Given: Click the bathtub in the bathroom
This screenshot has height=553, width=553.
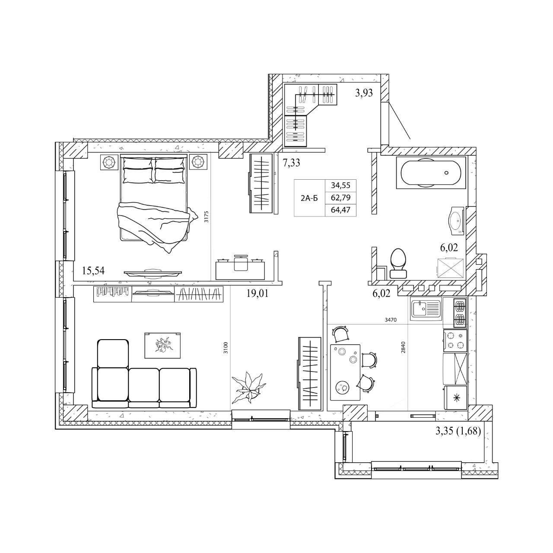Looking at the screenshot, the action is pyautogui.click(x=431, y=172).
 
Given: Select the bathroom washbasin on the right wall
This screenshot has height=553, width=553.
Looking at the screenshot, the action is pyautogui.click(x=455, y=220).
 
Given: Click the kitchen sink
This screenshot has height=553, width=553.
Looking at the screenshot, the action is pyautogui.click(x=426, y=310).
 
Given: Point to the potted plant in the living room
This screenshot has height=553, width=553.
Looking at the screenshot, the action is pyautogui.click(x=248, y=387).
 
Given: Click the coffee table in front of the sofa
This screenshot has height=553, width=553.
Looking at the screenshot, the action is pyautogui.click(x=162, y=345).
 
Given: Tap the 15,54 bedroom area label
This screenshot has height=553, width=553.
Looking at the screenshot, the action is pyautogui.click(x=93, y=270).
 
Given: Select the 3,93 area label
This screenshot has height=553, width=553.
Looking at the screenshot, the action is pyautogui.click(x=364, y=93).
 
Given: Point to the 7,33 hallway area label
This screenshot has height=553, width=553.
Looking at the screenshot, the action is pyautogui.click(x=291, y=163).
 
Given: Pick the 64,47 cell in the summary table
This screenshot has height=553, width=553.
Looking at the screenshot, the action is pyautogui.click(x=340, y=210).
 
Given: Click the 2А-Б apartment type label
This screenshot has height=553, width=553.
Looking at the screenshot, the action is pyautogui.click(x=309, y=198).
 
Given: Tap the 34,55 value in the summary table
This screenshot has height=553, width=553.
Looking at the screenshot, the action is pyautogui.click(x=340, y=185).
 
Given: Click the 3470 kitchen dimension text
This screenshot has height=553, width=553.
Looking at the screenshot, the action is pyautogui.click(x=391, y=320).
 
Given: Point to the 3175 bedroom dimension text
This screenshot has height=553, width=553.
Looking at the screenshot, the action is pyautogui.click(x=206, y=217).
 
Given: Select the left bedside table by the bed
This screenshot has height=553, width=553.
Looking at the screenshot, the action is pyautogui.click(x=109, y=162).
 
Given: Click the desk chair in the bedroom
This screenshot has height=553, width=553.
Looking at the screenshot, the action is pyautogui.click(x=241, y=262).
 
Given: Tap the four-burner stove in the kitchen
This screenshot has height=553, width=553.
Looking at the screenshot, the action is pyautogui.click(x=455, y=340).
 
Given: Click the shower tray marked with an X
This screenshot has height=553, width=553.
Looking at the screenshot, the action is pyautogui.click(x=450, y=268).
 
